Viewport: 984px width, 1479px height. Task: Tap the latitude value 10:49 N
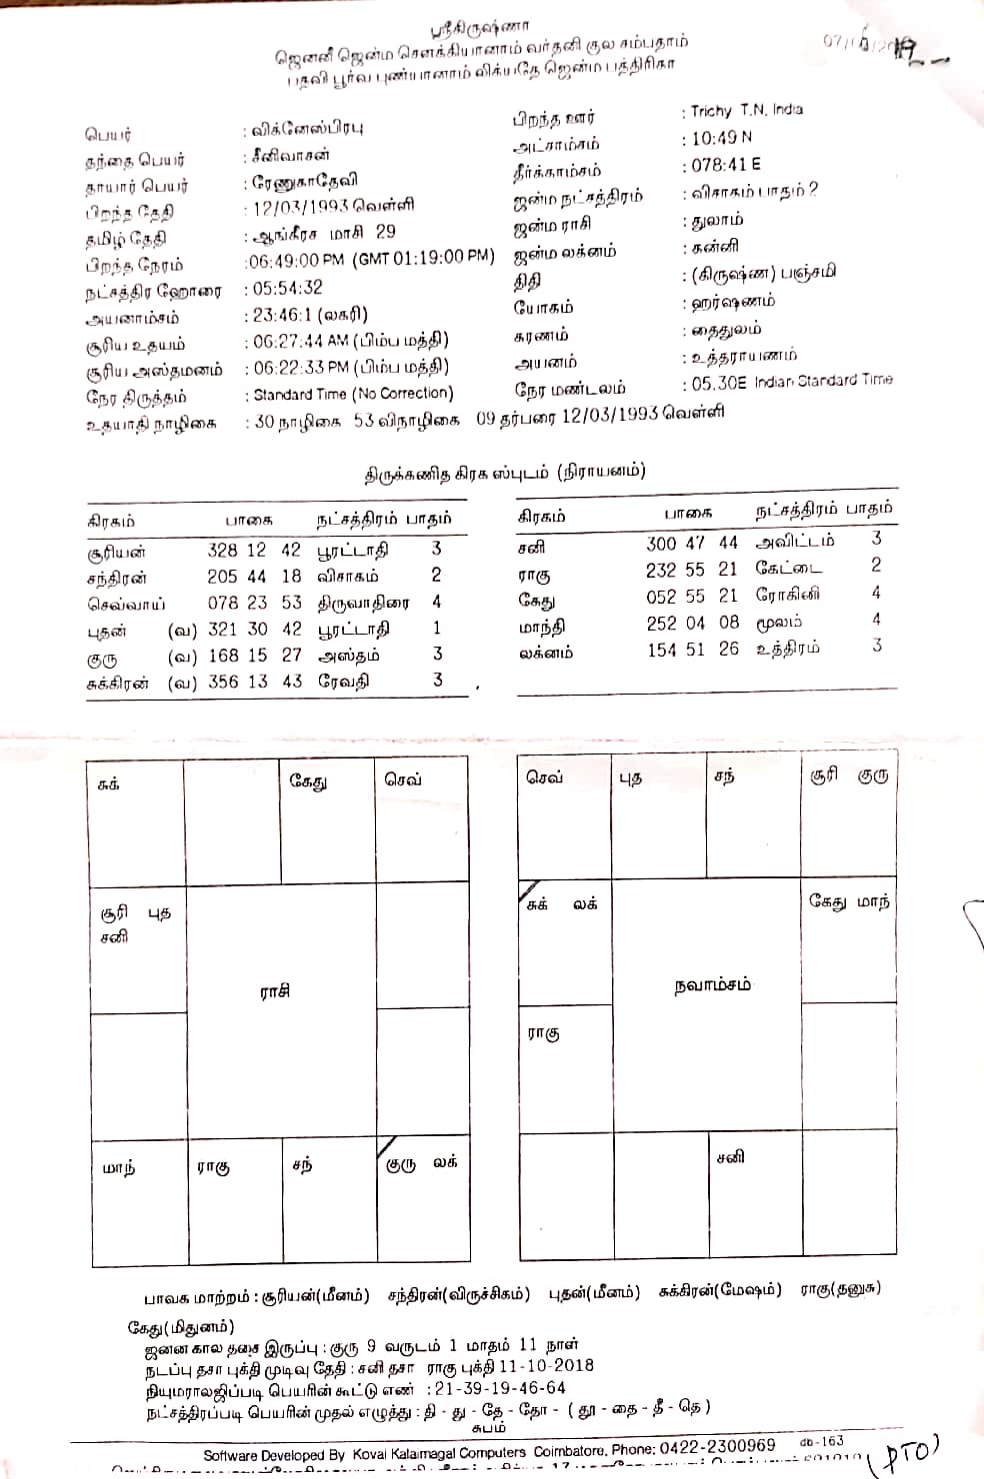[722, 138]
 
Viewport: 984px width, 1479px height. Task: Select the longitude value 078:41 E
[726, 165]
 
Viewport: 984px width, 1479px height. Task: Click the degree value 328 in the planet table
[222, 550]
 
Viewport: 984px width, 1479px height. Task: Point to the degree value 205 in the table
[222, 577]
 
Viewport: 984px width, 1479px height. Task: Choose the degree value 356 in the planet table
[222, 682]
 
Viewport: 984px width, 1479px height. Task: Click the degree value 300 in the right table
[661, 543]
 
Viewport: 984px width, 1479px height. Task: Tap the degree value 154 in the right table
[661, 649]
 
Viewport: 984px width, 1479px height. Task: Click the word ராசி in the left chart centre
[275, 991]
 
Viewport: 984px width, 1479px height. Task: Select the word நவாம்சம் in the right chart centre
[712, 985]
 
